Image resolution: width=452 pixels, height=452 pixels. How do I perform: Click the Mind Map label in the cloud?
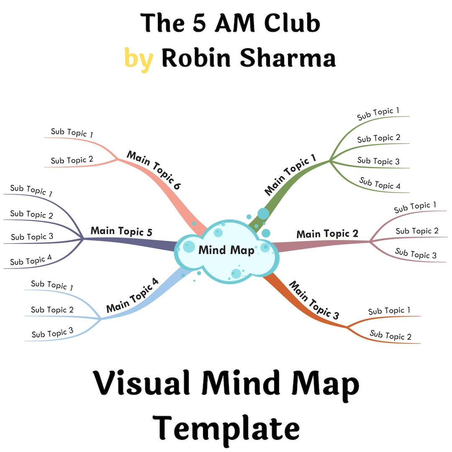tap(226, 250)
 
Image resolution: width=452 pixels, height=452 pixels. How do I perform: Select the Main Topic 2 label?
tap(327, 234)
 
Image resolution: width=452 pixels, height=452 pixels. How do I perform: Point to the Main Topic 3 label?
tap(314, 301)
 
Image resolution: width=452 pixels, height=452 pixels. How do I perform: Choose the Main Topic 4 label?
tap(132, 295)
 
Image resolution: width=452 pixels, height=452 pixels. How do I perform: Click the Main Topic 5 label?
tap(121, 231)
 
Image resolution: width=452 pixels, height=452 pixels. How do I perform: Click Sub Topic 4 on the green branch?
tap(380, 183)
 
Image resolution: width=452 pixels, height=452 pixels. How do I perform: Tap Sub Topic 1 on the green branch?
tap(378, 113)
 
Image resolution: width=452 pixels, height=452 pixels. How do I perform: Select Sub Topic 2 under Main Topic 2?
tap(417, 231)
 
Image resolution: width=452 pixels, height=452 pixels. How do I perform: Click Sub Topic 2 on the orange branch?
tap(390, 335)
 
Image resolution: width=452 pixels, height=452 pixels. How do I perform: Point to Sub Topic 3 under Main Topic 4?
tap(52, 333)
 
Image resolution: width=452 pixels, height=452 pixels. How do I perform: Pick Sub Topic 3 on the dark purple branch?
tap(32, 237)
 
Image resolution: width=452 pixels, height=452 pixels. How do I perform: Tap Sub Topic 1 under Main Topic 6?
tap(72, 133)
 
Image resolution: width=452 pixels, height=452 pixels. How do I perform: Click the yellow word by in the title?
tap(139, 58)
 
